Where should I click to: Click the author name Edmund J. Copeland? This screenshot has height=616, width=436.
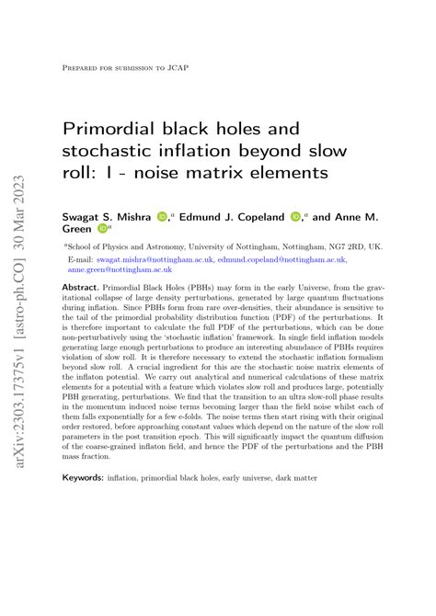coord(238,216)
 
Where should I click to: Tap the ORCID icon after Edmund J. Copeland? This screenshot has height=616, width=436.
coord(295,216)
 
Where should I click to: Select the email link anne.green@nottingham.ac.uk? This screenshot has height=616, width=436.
coord(120,270)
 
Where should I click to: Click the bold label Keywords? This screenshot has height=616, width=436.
coord(83,478)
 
